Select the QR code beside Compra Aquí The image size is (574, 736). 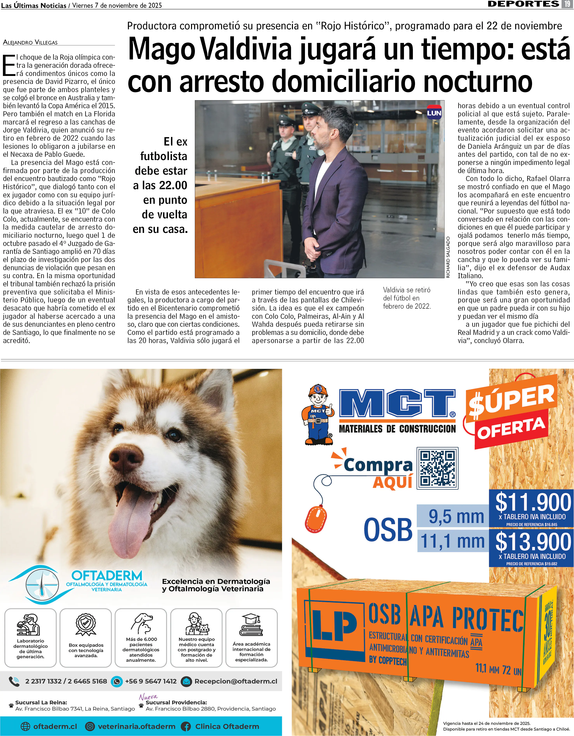tap(437, 468)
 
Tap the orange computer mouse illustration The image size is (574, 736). tap(316, 519)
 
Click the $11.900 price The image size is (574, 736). tap(533, 502)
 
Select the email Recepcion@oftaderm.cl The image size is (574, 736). tap(236, 681)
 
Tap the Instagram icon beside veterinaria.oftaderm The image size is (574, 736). tap(90, 726)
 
